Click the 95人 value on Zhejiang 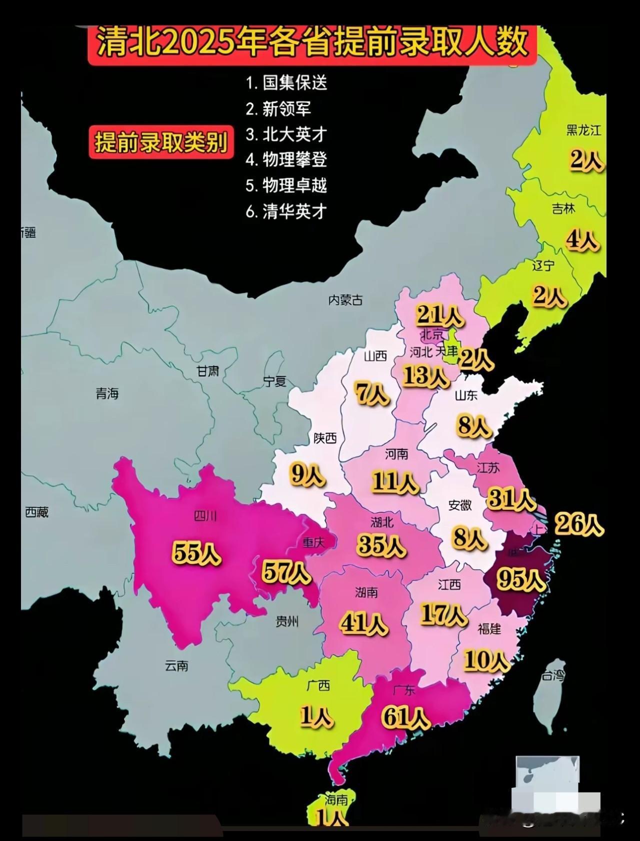tap(520, 579)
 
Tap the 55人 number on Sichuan tap(196, 553)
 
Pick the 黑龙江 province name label tap(583, 130)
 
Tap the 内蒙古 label tap(345, 300)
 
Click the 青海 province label tap(107, 394)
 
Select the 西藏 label tap(37, 512)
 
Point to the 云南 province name tap(176, 666)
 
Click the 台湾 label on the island tap(553, 677)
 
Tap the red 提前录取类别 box tap(161, 143)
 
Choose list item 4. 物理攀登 tap(286, 159)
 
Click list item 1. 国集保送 tap(286, 83)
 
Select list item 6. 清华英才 tap(286, 211)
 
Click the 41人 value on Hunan tap(364, 623)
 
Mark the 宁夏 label tap(275, 382)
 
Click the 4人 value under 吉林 tap(582, 240)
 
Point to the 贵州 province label tap(287, 621)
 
